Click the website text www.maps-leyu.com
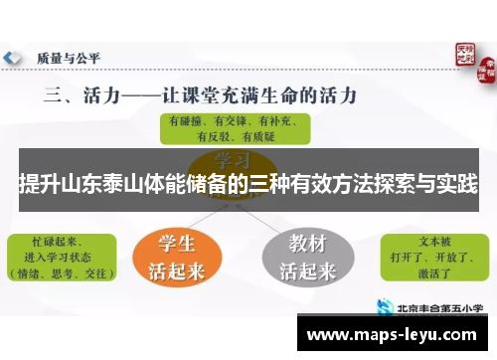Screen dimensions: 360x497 pyautogui.click(x=395, y=333)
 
